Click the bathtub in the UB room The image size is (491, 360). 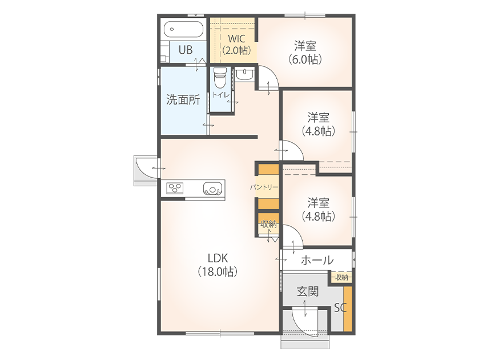[x=183, y=30]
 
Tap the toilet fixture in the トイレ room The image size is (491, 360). [x=220, y=77]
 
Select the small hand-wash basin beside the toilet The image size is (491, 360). [x=244, y=74]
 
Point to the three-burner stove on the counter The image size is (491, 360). [x=175, y=189]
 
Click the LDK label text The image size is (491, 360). [x=218, y=258]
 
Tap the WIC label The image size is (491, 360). [x=236, y=39]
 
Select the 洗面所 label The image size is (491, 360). [x=183, y=99]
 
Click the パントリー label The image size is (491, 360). [x=264, y=187]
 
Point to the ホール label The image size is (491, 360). [x=317, y=261]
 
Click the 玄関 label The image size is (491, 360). [x=308, y=291]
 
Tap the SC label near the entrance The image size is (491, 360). [x=340, y=307]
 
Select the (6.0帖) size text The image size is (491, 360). [x=305, y=59]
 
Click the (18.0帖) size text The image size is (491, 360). [x=218, y=271]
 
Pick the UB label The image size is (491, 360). [x=186, y=50]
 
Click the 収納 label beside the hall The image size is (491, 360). [x=341, y=277]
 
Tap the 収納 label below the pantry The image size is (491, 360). [x=268, y=224]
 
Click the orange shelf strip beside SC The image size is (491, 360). [x=348, y=309]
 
